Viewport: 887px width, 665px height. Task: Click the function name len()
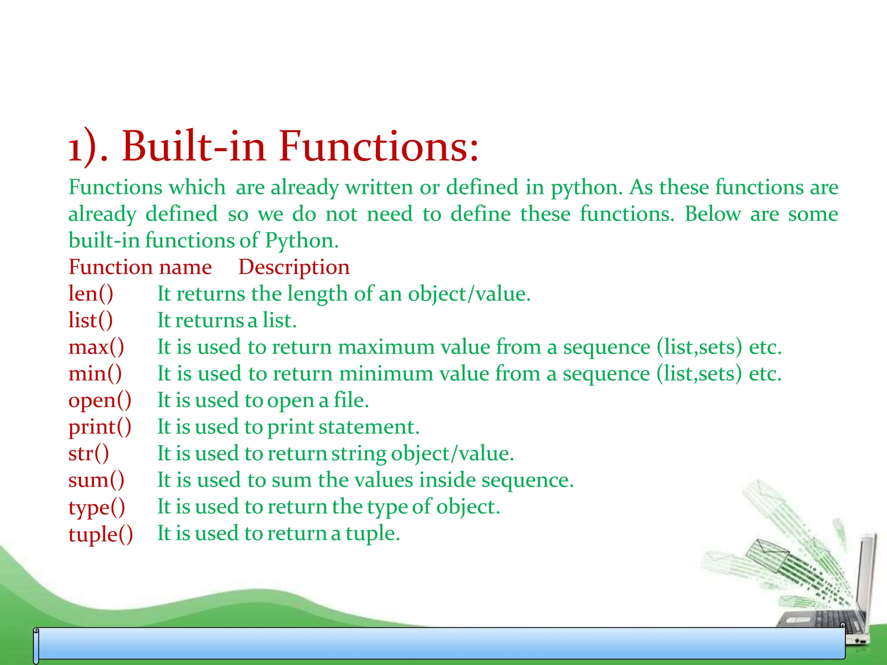pos(91,294)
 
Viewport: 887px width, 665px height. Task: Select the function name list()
pos(91,321)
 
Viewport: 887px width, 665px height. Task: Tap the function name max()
pos(96,347)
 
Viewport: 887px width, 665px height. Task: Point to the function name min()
pos(95,374)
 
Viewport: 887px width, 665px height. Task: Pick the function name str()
pos(89,454)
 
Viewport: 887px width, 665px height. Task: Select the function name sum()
pos(97,480)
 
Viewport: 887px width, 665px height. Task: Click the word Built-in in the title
pos(194,146)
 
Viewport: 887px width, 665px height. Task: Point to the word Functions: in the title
pos(379,146)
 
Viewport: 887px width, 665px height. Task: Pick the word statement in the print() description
pos(369,427)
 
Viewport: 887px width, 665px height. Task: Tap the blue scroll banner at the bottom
pos(439,644)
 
